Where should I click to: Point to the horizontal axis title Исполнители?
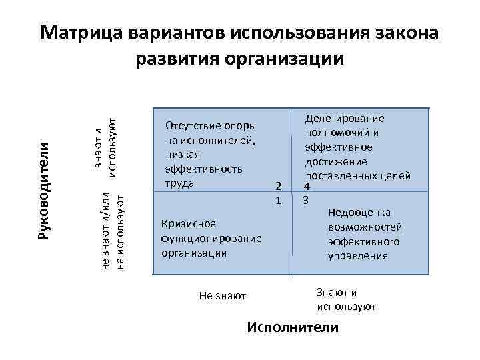click(293, 327)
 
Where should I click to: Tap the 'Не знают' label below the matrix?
click(223, 295)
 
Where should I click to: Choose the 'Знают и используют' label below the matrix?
click(346, 299)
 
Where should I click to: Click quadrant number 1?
click(279, 200)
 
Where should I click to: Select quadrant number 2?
click(279, 187)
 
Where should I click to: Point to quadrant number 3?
click(305, 200)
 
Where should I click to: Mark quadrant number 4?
click(307, 187)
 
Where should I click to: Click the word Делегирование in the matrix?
click(345, 119)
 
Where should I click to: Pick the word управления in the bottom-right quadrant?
click(358, 255)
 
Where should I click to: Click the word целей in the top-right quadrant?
click(397, 176)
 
